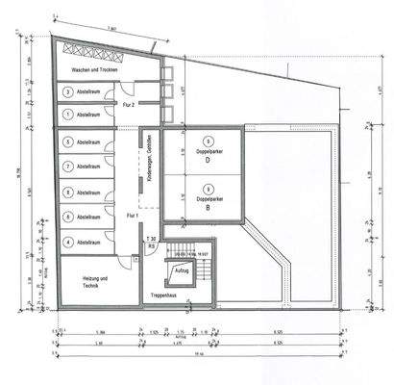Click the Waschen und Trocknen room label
coord(87,72)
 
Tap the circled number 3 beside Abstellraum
coord(68,92)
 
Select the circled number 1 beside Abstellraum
coord(68,114)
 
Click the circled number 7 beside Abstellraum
coord(68,166)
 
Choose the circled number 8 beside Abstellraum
coord(68,191)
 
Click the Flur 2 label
coord(126,103)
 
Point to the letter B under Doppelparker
coord(208,207)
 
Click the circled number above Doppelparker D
coord(208,141)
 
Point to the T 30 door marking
coord(150,238)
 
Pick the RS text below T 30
coord(151,245)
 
